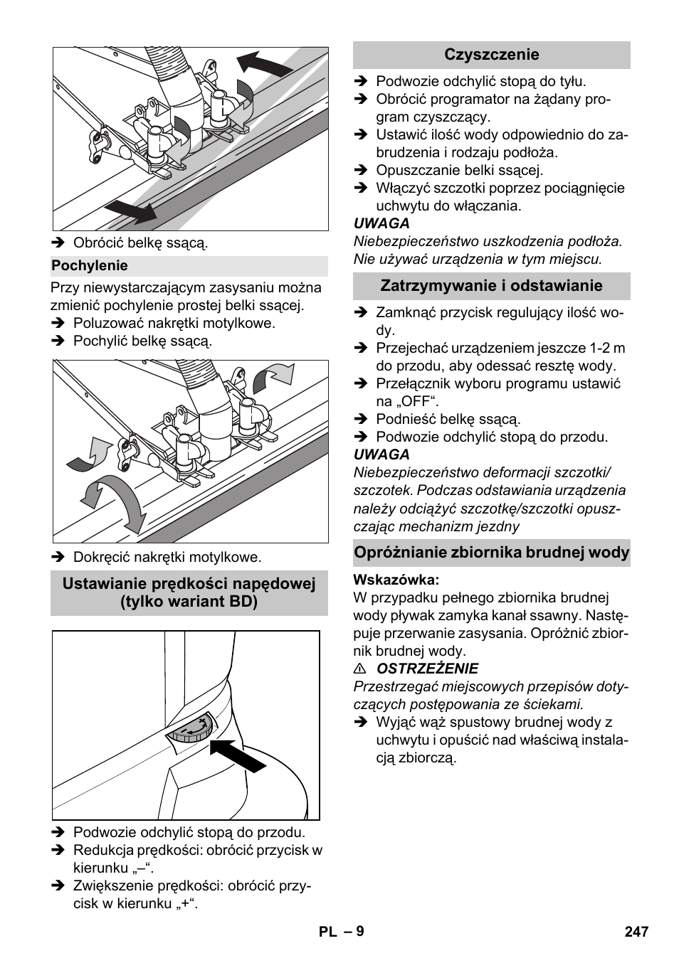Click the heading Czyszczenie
pos(491,55)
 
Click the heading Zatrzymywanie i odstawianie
pos(491,286)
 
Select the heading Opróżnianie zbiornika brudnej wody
pos(491,553)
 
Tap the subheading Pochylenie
pos(90,266)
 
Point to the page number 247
pos(636,932)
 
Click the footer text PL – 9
pos(341,932)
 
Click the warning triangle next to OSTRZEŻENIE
pos(361,669)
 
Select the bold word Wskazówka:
pos(396,580)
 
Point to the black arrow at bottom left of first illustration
pos(131,211)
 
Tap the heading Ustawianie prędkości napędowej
pos(189,584)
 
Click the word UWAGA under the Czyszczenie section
pos(381,223)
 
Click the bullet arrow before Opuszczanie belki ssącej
pos(361,171)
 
